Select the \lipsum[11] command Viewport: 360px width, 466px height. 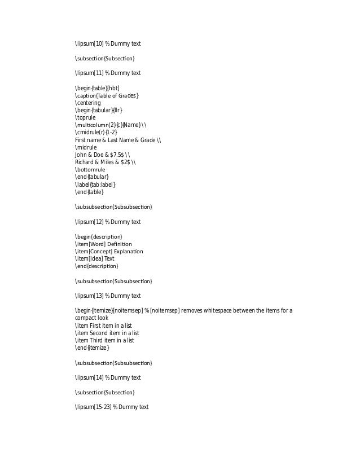click(x=89, y=73)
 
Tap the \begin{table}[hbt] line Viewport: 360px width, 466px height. click(x=97, y=88)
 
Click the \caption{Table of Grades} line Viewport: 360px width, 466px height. click(x=107, y=95)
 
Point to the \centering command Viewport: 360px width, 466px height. click(x=87, y=103)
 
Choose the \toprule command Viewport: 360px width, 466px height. click(x=86, y=117)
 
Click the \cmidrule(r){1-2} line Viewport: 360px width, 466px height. click(x=96, y=132)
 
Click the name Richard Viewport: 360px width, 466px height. click(x=84, y=161)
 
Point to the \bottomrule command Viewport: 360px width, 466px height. click(x=90, y=169)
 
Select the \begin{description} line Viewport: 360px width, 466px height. click(x=98, y=236)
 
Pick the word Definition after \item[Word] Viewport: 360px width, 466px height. click(x=119, y=243)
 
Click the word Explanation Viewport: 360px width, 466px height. click(x=129, y=250)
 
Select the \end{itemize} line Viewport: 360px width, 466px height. click(x=91, y=348)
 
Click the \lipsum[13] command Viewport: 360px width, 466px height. click(x=89, y=296)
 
